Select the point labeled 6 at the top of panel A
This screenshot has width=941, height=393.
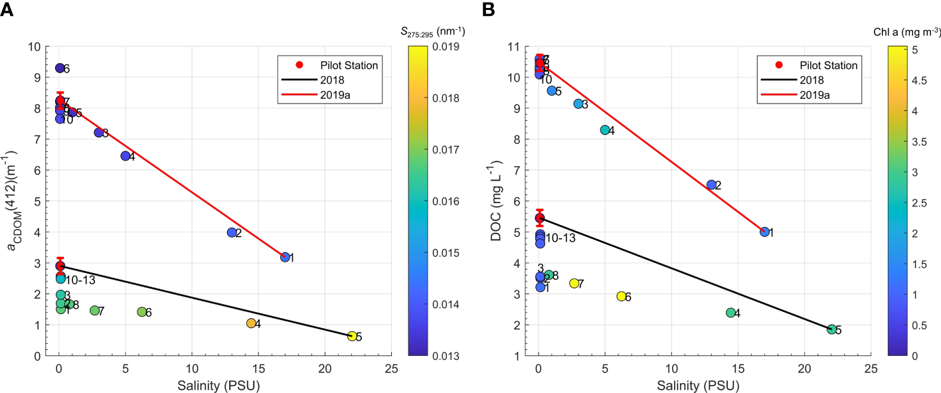coord(60,68)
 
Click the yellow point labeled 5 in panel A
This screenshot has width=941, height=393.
coord(352,336)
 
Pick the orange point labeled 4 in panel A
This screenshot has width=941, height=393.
coord(251,323)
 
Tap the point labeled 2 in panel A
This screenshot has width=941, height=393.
coord(232,232)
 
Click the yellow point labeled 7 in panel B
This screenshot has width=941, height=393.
coord(574,283)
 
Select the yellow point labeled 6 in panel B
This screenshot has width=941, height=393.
coord(622,296)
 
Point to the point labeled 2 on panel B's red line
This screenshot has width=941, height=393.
coord(711,185)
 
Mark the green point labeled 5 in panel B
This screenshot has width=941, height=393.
coord(831,329)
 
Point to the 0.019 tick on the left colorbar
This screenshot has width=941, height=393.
coord(429,47)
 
